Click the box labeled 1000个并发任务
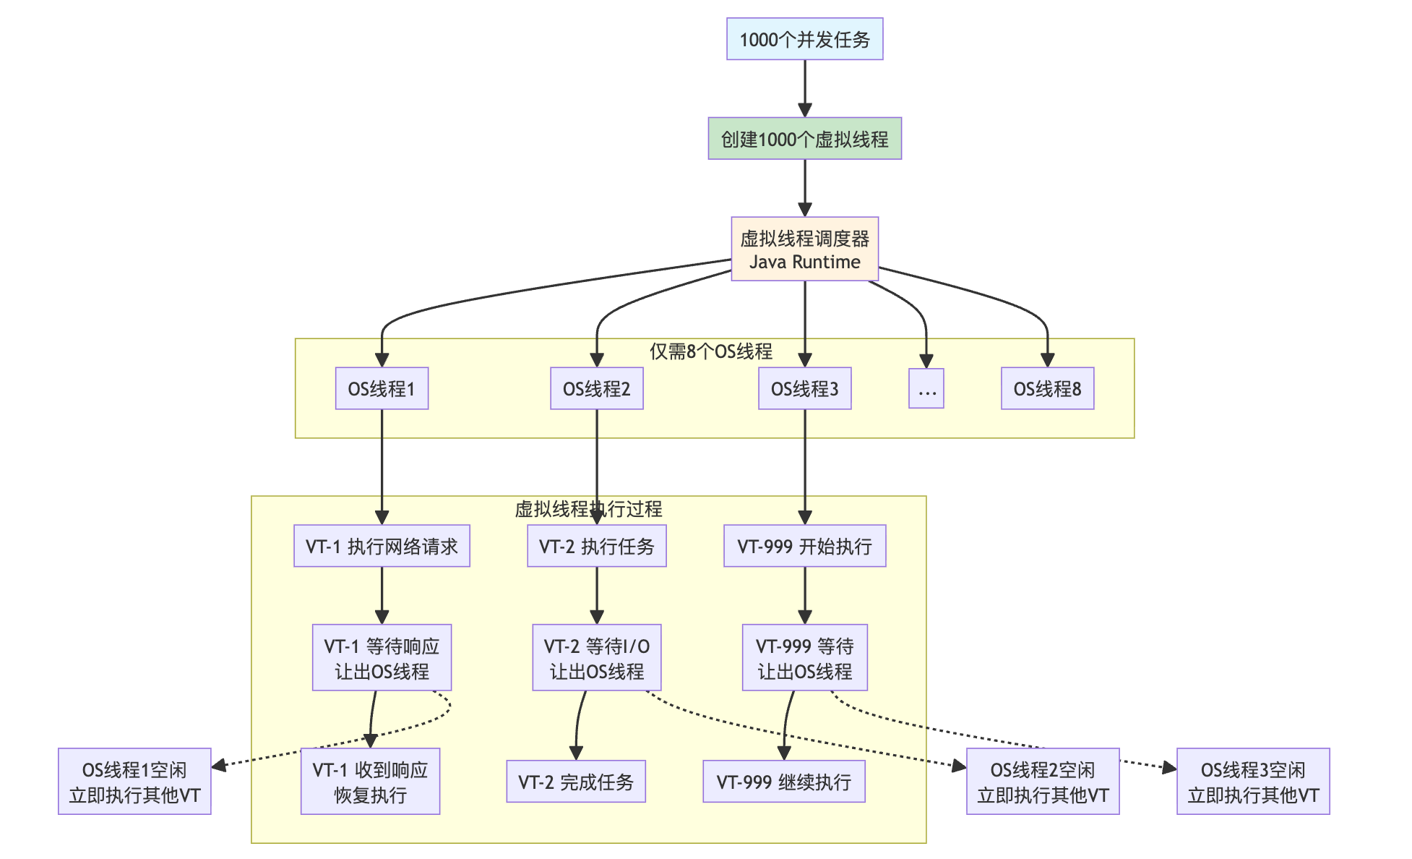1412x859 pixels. (x=804, y=39)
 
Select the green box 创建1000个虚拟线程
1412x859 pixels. (x=804, y=139)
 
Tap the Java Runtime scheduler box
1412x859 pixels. (x=804, y=249)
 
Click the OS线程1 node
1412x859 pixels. (x=382, y=389)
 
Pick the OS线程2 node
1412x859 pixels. (x=596, y=389)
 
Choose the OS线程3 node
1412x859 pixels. (x=804, y=389)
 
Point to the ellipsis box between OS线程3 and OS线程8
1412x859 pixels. (x=926, y=389)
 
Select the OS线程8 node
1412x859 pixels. (x=1047, y=389)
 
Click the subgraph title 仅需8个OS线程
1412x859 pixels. (x=711, y=351)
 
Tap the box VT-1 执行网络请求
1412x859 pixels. (x=382, y=546)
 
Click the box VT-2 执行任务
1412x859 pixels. (x=596, y=546)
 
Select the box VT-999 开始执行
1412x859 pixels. (x=804, y=546)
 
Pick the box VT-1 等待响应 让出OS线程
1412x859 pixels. (x=382, y=658)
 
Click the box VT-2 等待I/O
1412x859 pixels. (x=596, y=658)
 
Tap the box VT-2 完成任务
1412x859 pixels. (x=576, y=782)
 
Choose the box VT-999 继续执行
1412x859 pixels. (x=784, y=782)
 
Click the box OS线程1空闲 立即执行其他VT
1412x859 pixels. (x=134, y=782)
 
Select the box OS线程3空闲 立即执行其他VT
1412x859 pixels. (x=1253, y=782)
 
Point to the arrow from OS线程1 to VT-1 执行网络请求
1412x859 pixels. (x=382, y=467)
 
